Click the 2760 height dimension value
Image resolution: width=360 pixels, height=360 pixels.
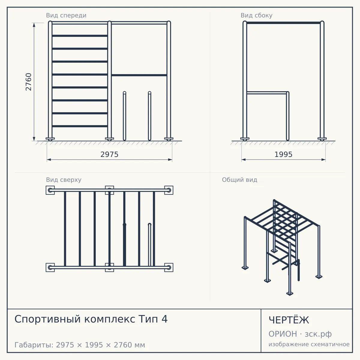pos(28,82)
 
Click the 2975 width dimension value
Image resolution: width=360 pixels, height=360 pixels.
pos(109,154)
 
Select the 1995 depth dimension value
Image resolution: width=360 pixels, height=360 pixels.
pos(283,154)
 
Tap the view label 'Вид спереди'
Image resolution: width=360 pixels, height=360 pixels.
pos(66,15)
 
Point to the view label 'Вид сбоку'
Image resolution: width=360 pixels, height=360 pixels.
pos(256,15)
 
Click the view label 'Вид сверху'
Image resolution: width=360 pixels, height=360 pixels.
pos(64,180)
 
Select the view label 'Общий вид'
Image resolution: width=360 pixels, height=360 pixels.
pos(239,180)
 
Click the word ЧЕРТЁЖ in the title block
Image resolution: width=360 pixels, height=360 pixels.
pos(289,320)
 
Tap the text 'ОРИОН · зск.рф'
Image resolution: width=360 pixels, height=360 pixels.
pos(300,334)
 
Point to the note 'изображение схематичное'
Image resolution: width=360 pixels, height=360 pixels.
pos(309,344)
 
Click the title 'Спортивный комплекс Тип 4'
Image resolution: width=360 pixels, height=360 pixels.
pos(91,319)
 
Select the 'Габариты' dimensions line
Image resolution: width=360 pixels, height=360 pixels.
pos(80,345)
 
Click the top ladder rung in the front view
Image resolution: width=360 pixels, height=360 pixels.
pos(80,36)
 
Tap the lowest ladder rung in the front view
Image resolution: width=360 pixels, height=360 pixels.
pos(80,126)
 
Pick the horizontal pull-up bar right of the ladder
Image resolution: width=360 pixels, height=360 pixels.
pos(139,75)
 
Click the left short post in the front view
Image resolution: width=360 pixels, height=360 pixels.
pos(124,116)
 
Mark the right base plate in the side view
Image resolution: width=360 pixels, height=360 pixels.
pos(322,139)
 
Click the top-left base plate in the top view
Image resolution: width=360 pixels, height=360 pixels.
pos(50,190)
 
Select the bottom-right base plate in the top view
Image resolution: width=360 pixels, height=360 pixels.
pos(169,268)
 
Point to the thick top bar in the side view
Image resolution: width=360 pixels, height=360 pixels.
pos(283,23)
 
